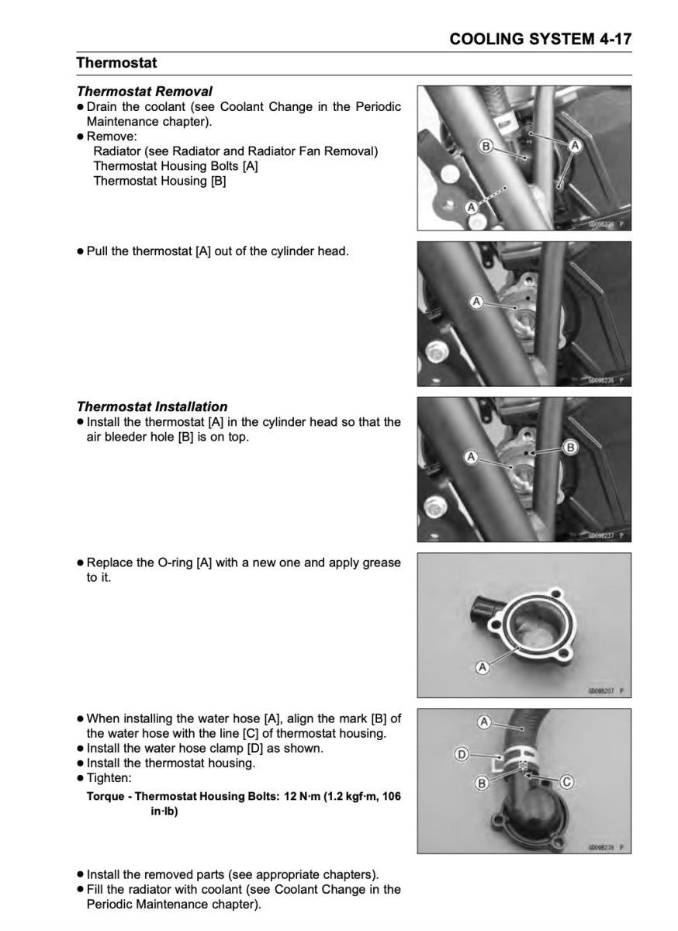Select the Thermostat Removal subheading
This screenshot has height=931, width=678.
pyautogui.click(x=144, y=92)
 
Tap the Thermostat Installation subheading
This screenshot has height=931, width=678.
pyautogui.click(x=152, y=407)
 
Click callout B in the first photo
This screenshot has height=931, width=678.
pyautogui.click(x=485, y=145)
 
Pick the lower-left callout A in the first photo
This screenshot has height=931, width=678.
pyautogui.click(x=470, y=207)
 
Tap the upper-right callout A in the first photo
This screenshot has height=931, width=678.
pyautogui.click(x=576, y=144)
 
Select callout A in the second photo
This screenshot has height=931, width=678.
pyautogui.click(x=476, y=300)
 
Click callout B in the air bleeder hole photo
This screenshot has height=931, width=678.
pyautogui.click(x=569, y=447)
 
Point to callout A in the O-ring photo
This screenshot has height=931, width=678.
pyautogui.click(x=482, y=666)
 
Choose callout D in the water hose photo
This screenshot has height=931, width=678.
pyautogui.click(x=460, y=753)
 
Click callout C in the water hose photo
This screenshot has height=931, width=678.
pyautogui.click(x=566, y=782)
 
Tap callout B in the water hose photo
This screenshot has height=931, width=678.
pyautogui.click(x=482, y=784)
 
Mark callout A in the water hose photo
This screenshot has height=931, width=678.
pyautogui.click(x=484, y=722)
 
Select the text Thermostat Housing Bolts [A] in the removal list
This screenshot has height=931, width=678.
pyautogui.click(x=175, y=166)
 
